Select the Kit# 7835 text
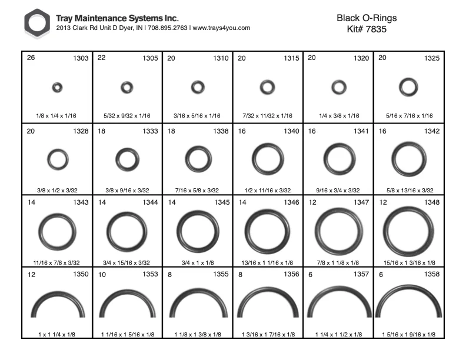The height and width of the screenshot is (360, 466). [x=367, y=29]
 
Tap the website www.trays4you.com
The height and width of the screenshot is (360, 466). [x=221, y=28]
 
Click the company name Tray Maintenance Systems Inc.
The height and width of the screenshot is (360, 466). [x=117, y=18]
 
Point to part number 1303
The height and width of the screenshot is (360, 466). [x=81, y=58]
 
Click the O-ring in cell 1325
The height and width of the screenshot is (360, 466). [x=401, y=87]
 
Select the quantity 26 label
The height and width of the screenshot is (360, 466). [x=31, y=58]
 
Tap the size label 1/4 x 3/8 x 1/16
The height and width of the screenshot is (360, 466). [x=339, y=115]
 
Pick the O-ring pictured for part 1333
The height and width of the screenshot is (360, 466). [x=117, y=160]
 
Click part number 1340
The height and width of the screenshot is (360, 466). [x=291, y=131]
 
